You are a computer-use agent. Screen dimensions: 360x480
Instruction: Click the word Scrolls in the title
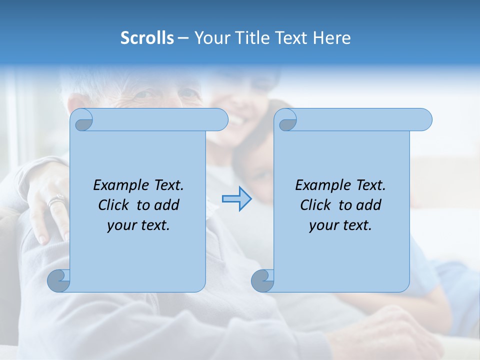tap(147, 38)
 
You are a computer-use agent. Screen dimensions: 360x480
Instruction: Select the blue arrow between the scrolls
tap(237, 199)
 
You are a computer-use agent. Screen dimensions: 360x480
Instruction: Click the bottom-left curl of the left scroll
tap(58, 280)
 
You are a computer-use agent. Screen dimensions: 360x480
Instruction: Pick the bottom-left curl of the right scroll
tap(262, 280)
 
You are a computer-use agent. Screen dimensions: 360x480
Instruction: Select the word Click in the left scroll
tap(113, 205)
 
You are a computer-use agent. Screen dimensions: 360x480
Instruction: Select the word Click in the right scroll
tap(315, 205)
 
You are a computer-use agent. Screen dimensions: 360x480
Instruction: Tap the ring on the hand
tap(55, 202)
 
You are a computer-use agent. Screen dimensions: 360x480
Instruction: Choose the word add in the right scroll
tap(369, 205)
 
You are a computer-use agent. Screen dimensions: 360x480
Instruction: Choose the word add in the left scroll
tap(167, 205)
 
